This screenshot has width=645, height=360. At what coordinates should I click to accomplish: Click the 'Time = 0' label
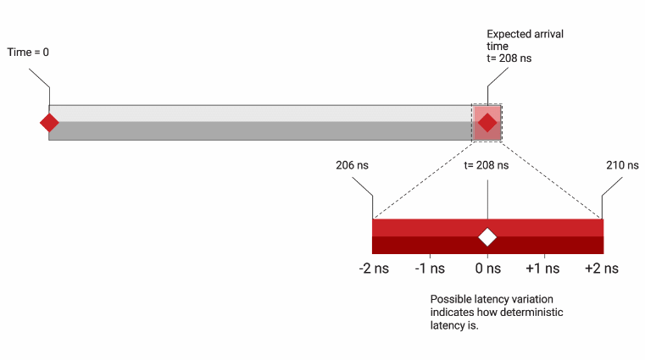coord(28,53)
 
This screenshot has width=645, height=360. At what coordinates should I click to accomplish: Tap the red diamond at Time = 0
coord(49,123)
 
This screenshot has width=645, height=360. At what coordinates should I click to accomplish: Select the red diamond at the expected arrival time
coord(487,123)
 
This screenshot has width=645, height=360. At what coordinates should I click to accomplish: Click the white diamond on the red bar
coord(487,236)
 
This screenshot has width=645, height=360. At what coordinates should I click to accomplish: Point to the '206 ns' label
coord(352,165)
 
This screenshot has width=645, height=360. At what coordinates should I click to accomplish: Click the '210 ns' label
coord(622,165)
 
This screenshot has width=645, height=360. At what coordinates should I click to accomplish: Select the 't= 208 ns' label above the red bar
coord(487,165)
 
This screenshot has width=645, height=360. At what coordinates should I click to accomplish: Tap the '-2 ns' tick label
coord(373,269)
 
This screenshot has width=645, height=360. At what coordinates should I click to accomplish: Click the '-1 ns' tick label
coord(430,269)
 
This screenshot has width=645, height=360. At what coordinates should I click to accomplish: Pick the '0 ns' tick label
coord(487,269)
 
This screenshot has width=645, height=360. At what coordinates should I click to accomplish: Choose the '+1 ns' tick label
coord(543,269)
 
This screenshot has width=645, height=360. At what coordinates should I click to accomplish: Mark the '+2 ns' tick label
coord(602,269)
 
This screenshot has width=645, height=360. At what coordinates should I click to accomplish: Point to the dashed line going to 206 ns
coord(424,179)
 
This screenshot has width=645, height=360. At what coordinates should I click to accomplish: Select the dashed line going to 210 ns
coord(551,179)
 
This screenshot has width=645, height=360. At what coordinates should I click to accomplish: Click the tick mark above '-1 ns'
coord(430,255)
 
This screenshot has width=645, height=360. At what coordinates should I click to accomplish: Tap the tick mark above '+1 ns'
coord(544,255)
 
